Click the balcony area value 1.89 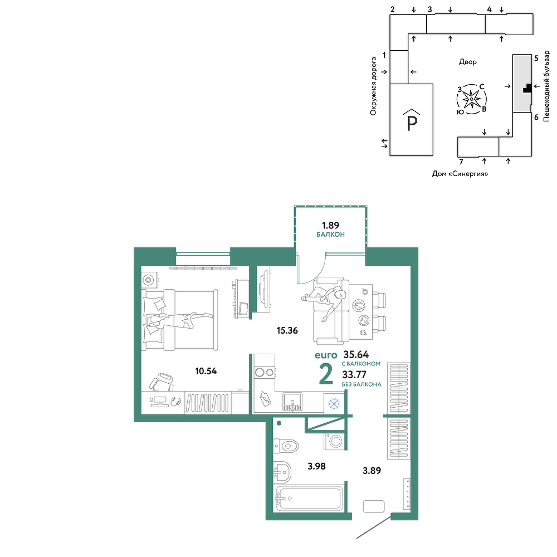[330, 225]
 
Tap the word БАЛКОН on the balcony [330, 234]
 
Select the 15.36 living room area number [287, 330]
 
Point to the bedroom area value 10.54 [206, 371]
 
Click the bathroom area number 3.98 [316, 466]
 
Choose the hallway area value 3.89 [372, 471]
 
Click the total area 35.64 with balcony [356, 354]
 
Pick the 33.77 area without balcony [354, 375]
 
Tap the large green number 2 [326, 374]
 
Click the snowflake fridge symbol [334, 403]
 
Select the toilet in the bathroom [286, 445]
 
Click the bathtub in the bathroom [309, 499]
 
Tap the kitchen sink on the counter [292, 402]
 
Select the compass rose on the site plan [471, 99]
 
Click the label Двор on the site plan [468, 62]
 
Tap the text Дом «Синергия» [460, 174]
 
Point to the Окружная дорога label [373, 86]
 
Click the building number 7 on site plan [461, 162]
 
